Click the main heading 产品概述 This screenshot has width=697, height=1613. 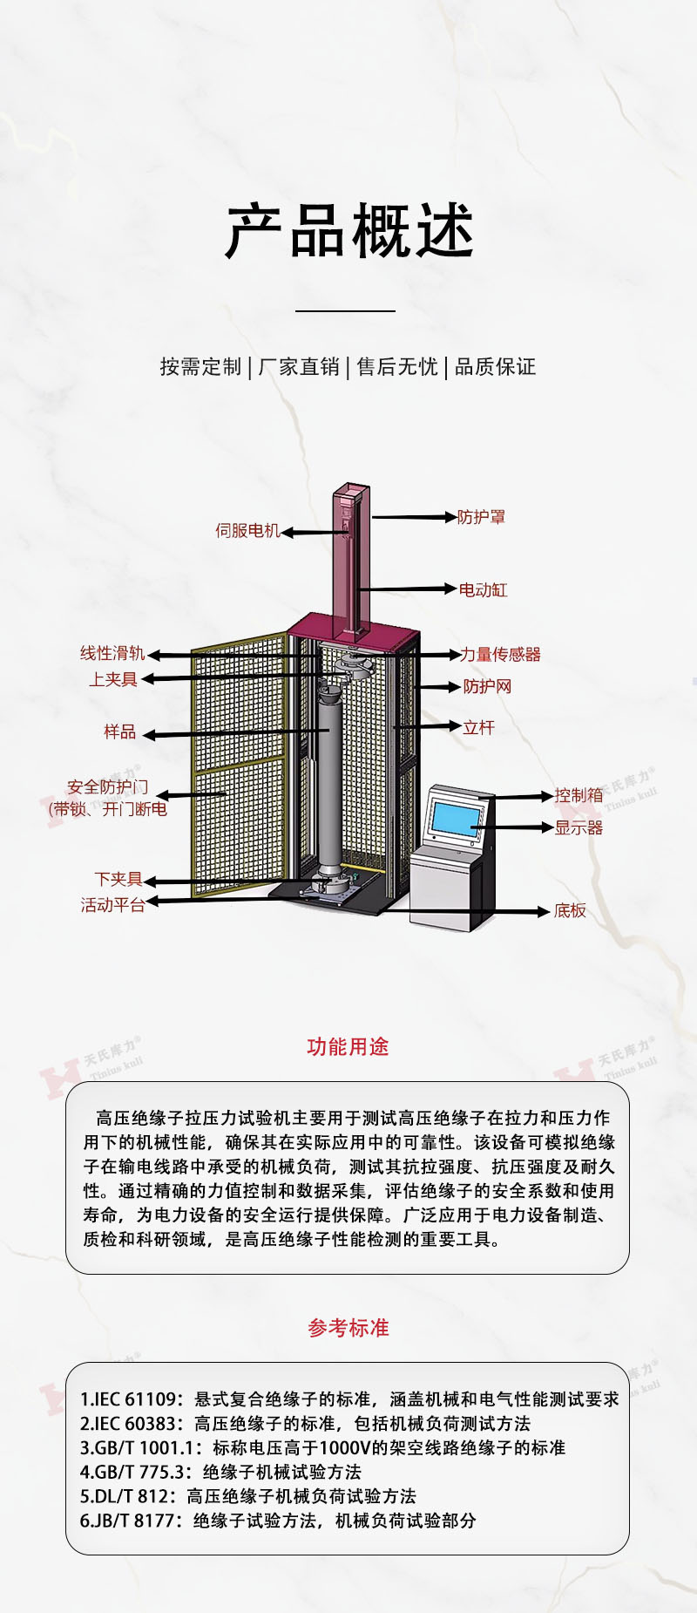coord(348,232)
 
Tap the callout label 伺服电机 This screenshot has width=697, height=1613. coord(247,530)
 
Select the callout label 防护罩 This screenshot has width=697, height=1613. coord(481,517)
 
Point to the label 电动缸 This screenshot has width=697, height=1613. coord(483,589)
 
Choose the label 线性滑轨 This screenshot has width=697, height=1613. coord(112,653)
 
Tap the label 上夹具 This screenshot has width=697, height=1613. coord(113,679)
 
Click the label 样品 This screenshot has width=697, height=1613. coord(120,732)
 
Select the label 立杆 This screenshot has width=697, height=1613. coord(478,727)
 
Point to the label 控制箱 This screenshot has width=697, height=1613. coord(579,795)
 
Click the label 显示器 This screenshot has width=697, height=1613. coord(579,827)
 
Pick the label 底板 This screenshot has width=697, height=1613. coord(570,910)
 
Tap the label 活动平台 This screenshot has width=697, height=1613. coord(112,905)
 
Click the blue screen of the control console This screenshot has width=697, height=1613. coord(456,818)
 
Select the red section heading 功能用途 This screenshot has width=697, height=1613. coord(348,1046)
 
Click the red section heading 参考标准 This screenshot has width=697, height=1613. coord(348,1328)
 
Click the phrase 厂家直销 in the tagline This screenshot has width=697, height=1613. coord(299,366)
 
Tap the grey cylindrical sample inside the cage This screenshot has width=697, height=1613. coord(328,785)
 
